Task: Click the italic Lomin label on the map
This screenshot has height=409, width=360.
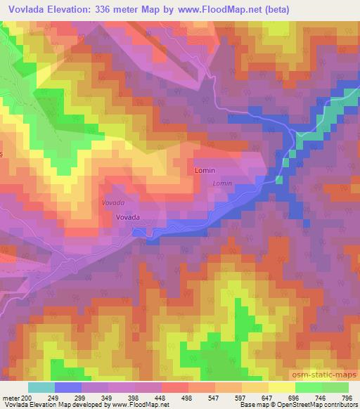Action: pos(222,183)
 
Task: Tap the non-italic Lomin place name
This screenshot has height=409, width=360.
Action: pos(204,171)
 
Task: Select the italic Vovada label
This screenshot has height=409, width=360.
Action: pos(112,202)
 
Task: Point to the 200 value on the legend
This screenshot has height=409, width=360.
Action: pos(26,397)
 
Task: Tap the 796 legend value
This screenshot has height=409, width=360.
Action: pos(347,397)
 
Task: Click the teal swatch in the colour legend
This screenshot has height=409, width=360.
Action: pos(41,387)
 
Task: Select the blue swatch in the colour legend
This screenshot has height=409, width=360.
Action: pos(68,387)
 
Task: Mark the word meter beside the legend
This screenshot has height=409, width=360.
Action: pos(11,397)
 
